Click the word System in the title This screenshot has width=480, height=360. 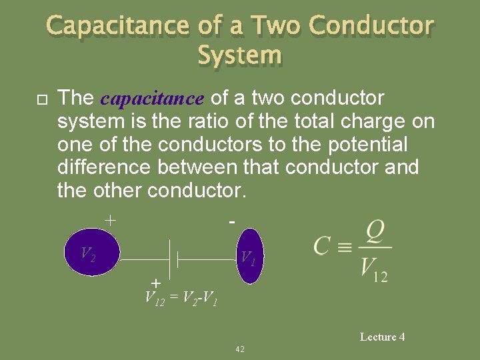pyautogui.click(x=240, y=55)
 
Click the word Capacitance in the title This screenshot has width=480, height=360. pyautogui.click(x=118, y=26)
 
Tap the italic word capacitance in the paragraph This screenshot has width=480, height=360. pyautogui.click(x=152, y=99)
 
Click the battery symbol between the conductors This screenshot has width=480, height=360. pyautogui.click(x=173, y=259)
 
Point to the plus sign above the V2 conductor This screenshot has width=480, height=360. pyautogui.click(x=111, y=219)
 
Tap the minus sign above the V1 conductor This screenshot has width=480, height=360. pyautogui.click(x=231, y=219)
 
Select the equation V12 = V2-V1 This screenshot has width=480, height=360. pyautogui.click(x=181, y=299)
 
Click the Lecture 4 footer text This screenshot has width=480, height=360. pyautogui.click(x=382, y=337)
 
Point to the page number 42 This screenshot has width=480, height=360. pyautogui.click(x=240, y=349)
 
